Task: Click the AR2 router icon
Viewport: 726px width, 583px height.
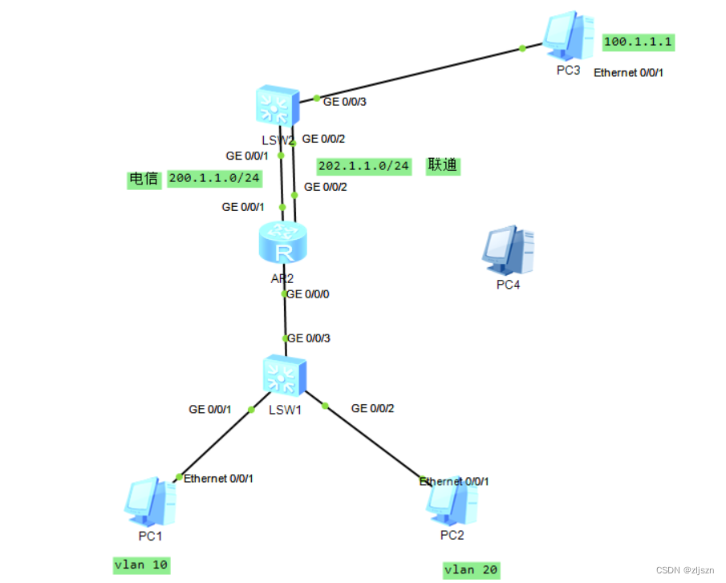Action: pos(282,244)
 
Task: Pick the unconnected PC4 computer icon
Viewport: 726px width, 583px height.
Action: pos(508,250)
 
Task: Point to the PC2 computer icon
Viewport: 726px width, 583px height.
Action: pos(452,500)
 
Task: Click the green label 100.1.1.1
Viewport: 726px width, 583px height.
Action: pos(639,41)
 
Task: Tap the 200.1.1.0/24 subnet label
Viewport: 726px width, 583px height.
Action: pos(215,179)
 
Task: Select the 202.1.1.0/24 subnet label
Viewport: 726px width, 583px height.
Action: pos(364,166)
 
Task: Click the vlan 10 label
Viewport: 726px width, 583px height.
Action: pos(141,565)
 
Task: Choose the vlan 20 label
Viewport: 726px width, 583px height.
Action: pos(472,570)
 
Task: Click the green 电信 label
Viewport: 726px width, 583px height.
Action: pos(144,179)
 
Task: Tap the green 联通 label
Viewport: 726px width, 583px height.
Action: pos(442,165)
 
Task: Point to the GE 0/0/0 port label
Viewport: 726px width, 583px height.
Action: pos(309,294)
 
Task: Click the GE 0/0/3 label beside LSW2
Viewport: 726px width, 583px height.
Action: pos(345,102)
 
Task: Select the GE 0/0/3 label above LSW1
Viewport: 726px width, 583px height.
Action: pos(309,338)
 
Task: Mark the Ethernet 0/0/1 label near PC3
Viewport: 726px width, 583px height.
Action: pos(629,72)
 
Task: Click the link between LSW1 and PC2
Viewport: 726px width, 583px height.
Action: pos(373,443)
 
